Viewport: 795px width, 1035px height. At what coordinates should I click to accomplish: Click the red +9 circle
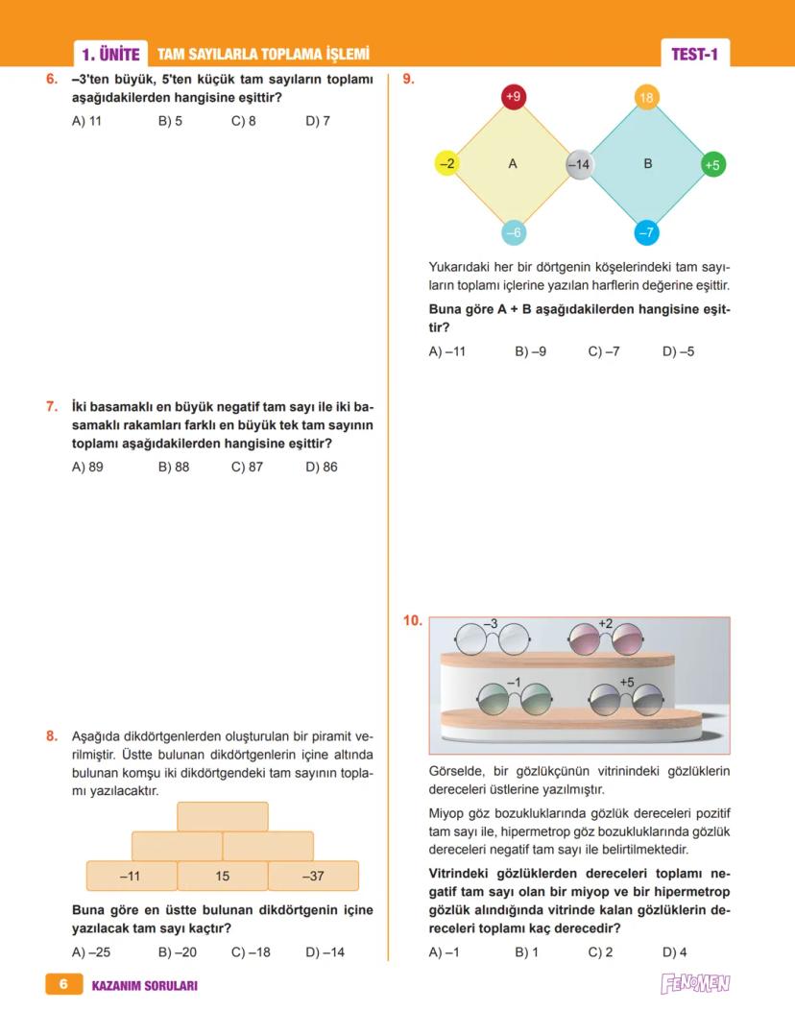point(513,97)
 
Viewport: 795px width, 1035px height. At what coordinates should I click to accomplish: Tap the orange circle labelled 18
point(646,97)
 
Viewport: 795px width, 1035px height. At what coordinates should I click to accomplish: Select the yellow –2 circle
point(446,164)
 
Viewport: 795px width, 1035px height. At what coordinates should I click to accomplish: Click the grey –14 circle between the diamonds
point(579,164)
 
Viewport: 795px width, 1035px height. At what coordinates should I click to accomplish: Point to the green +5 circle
point(712,164)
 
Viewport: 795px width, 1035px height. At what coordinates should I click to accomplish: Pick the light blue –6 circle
point(513,232)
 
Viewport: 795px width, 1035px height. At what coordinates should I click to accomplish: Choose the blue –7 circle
point(646,232)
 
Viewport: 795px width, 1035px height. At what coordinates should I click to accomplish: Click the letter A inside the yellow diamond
point(513,164)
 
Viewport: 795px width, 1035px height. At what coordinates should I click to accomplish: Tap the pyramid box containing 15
point(223,876)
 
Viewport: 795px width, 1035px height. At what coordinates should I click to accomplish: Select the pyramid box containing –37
point(313,876)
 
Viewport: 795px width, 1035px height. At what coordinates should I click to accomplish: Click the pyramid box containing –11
point(132,876)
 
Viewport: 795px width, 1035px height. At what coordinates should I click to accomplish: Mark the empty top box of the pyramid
point(223,816)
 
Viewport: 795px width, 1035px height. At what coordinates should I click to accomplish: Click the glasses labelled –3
point(492,638)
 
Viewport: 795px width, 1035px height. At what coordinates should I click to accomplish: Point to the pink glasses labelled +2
point(605,638)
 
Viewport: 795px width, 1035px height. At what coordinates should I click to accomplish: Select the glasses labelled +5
point(625,698)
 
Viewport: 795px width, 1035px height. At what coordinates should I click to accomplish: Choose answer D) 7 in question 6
point(318,121)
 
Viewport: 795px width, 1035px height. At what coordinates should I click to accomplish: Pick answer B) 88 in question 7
point(174,468)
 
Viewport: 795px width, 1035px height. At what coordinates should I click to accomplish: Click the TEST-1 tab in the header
point(694,55)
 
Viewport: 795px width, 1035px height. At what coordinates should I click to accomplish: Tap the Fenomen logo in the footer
point(695,984)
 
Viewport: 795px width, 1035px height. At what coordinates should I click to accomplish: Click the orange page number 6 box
point(63,984)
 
